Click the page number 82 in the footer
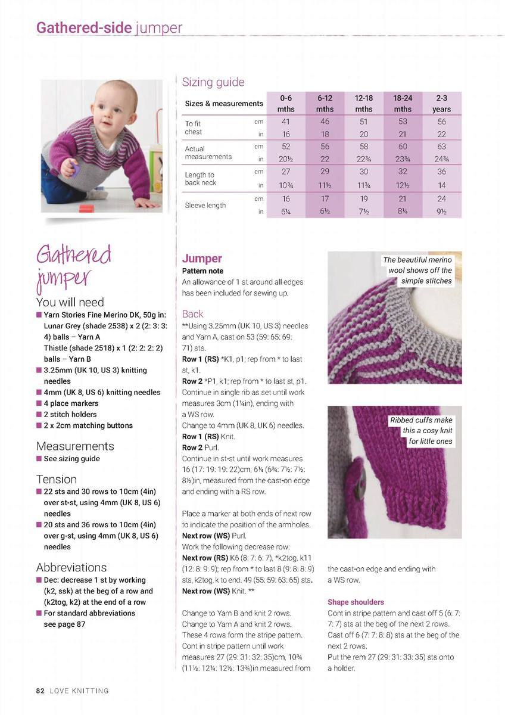point(40,691)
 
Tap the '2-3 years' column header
point(441,103)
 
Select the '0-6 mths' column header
point(286,103)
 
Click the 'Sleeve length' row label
point(205,206)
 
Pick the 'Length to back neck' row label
point(200,178)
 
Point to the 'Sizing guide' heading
point(213,82)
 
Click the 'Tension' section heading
point(57,479)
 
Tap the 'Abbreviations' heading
point(71,567)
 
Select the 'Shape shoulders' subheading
point(356,602)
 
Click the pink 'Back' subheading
point(192,314)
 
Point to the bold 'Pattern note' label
point(202,271)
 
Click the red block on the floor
point(86,209)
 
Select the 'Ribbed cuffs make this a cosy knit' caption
point(421,431)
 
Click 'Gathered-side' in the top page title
point(84,28)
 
